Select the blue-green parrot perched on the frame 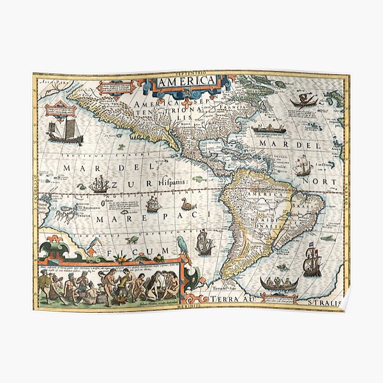(x=185, y=246)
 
